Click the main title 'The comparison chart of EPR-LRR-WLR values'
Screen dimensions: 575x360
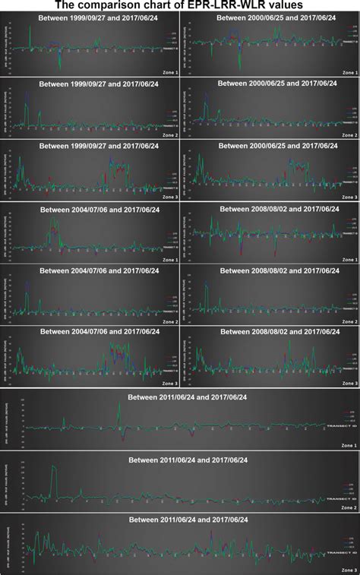[x=180, y=5]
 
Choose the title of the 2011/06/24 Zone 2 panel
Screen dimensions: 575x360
[x=187, y=460]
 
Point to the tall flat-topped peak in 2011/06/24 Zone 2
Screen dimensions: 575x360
[x=54, y=469]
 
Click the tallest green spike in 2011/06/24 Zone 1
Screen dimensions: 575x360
[x=118, y=405]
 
